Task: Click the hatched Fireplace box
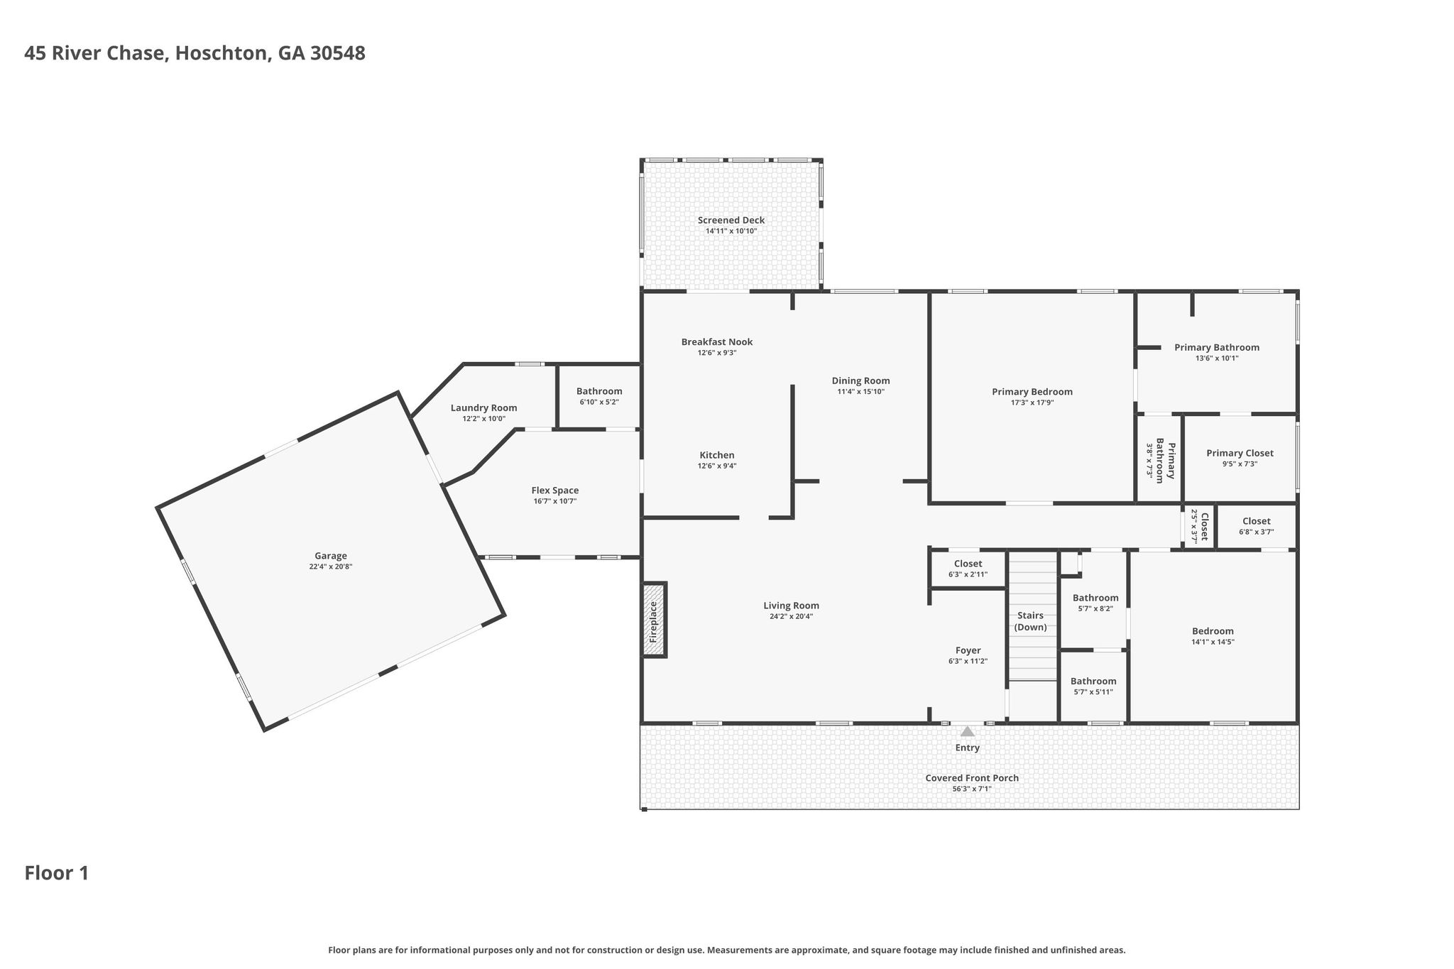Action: pos(655,620)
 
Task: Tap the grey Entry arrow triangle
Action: pos(968,730)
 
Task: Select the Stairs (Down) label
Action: pos(1030,621)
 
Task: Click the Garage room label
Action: pos(331,556)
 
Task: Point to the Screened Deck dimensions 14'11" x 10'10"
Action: pos(731,231)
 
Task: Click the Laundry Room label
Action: pos(484,407)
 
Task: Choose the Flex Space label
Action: pos(555,490)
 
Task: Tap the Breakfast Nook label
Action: pos(717,341)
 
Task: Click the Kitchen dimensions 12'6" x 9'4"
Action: pos(717,466)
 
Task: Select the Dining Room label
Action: pos(861,381)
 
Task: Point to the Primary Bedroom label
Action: pos(1032,391)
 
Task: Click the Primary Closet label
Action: pos(1240,453)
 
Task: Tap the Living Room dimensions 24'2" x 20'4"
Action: pos(792,617)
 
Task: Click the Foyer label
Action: pos(968,650)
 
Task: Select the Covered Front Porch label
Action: pos(972,778)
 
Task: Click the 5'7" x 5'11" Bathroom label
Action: pos(1093,681)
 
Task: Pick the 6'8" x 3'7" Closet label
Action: pos(1257,521)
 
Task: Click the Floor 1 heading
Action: pos(57,873)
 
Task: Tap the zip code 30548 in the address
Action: pos(338,53)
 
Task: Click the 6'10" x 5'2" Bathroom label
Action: pos(599,391)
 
